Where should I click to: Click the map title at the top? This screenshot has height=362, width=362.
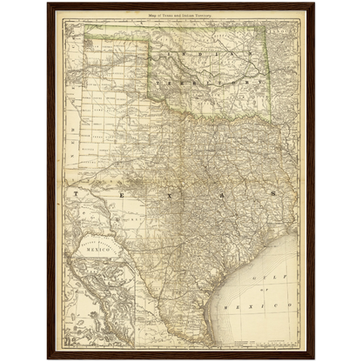click(x=181, y=14)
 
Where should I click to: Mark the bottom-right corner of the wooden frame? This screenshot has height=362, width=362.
click(x=316, y=359)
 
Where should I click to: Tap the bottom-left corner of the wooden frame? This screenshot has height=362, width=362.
click(x=46, y=359)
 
